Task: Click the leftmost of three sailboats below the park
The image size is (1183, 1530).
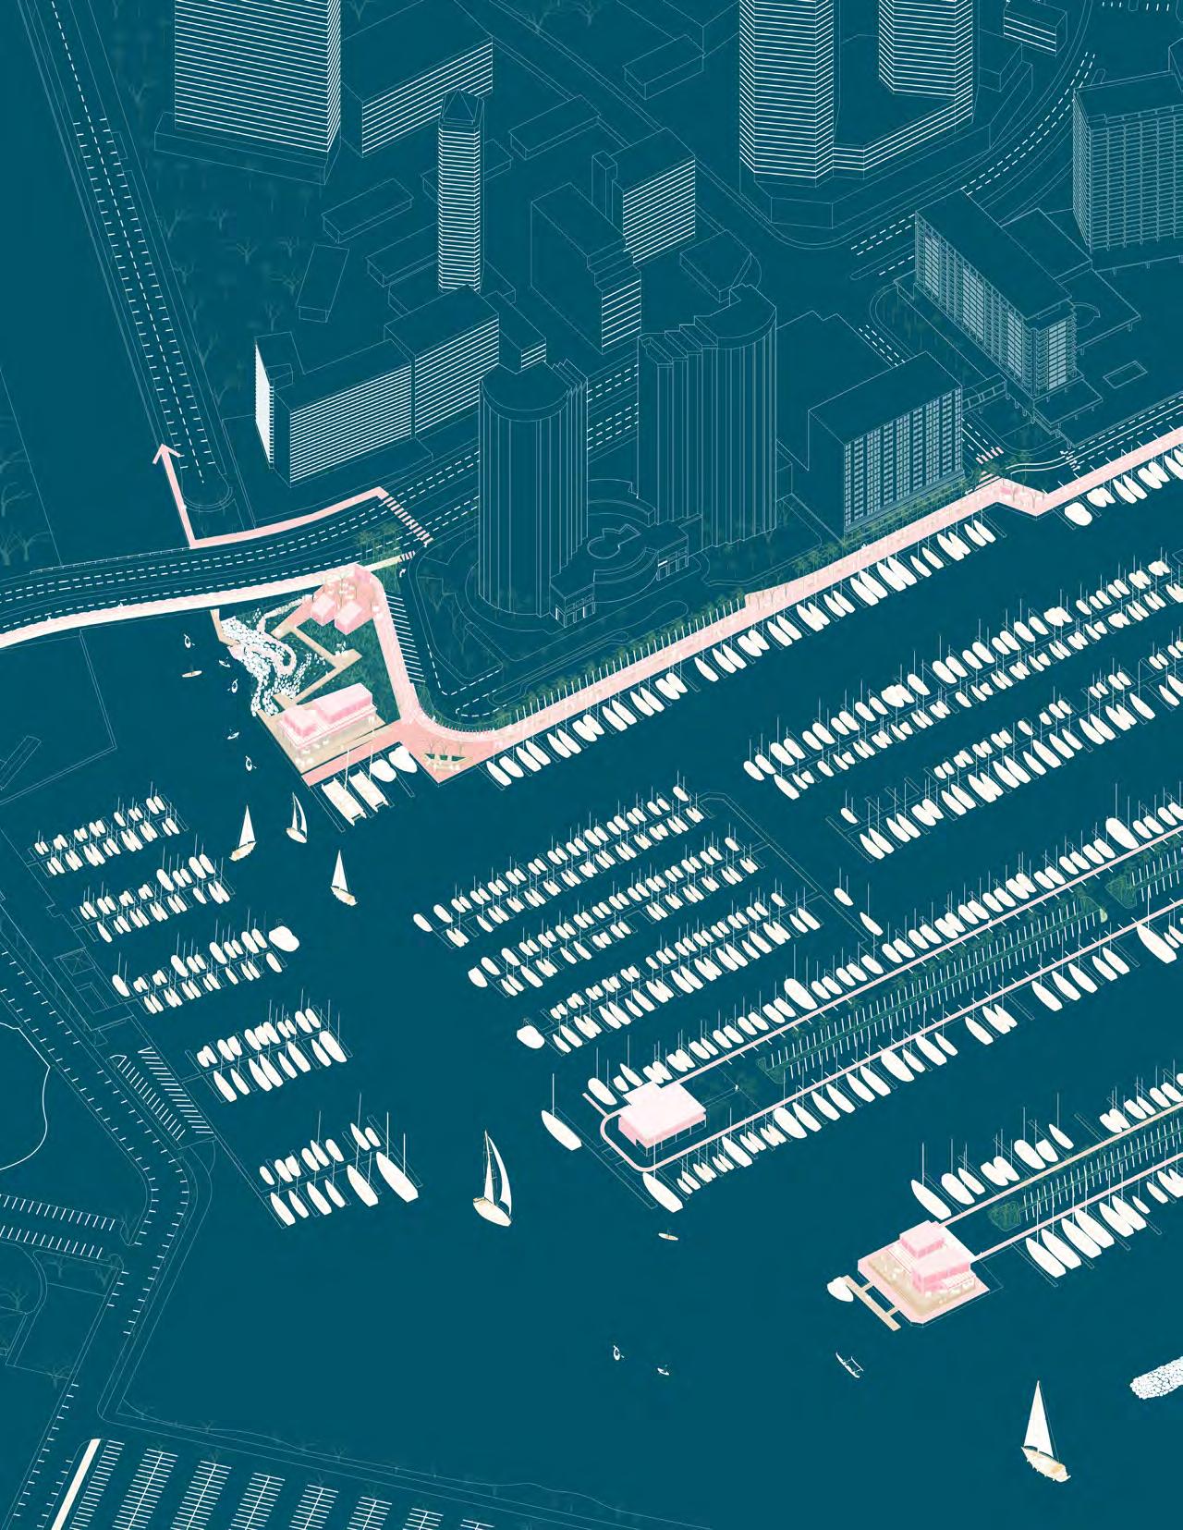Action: pos(245,831)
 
